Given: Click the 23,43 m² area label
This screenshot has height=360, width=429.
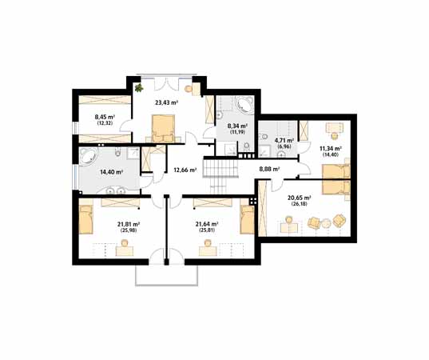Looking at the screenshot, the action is click(x=167, y=102).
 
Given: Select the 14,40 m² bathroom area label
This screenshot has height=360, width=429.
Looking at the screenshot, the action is click(x=111, y=172).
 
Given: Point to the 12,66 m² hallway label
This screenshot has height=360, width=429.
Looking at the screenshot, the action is click(x=185, y=170).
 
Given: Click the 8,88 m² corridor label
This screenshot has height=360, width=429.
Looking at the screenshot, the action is click(x=269, y=169).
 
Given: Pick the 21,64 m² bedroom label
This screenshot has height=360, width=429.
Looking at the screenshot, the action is click(x=207, y=224).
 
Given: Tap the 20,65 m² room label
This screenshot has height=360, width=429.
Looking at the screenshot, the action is click(x=300, y=198).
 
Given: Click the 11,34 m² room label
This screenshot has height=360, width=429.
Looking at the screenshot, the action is click(x=331, y=149).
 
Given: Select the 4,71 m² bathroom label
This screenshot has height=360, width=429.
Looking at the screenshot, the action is click(x=284, y=141).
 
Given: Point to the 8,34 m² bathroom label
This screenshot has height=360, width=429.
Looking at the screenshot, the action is click(x=237, y=126).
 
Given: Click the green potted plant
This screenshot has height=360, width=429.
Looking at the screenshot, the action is click(x=139, y=88).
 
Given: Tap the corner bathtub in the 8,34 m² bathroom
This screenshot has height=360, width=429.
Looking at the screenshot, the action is click(x=245, y=104).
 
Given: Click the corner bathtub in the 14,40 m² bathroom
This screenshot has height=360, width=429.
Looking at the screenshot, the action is click(x=88, y=157).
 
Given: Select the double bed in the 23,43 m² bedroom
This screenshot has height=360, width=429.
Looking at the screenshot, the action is click(x=163, y=128).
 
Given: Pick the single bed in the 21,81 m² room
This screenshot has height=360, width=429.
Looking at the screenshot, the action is click(x=86, y=220).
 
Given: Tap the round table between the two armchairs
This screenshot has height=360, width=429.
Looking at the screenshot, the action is click(x=326, y=222).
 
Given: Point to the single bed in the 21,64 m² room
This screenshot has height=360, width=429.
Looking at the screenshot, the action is click(x=247, y=220).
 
